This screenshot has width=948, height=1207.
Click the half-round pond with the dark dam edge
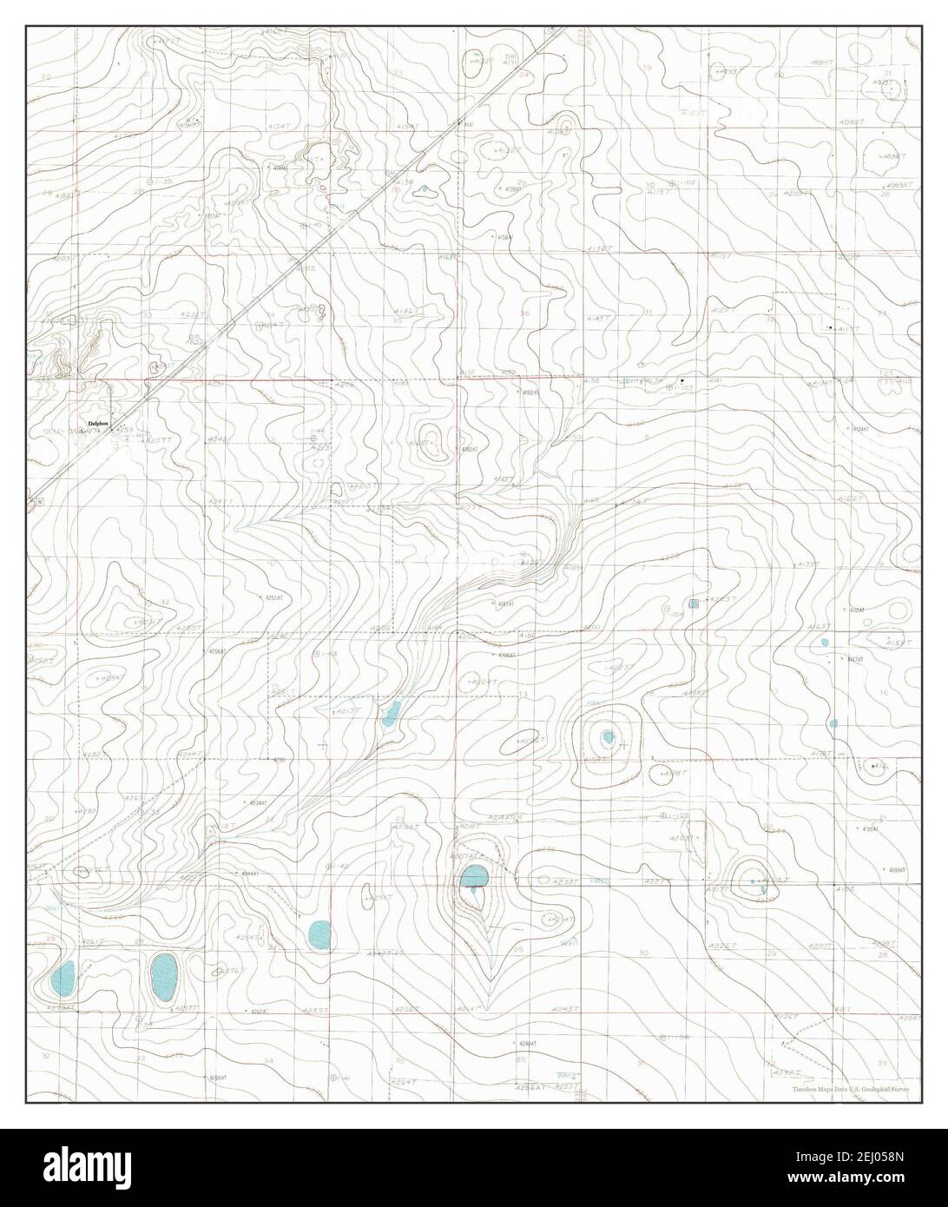[x=474, y=877]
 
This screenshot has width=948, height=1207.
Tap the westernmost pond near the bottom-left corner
[x=63, y=978]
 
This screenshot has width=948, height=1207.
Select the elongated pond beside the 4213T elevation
[x=391, y=715]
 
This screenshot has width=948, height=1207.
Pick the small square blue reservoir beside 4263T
[x=694, y=603]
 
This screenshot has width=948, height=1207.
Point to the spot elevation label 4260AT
[x=216, y=1078]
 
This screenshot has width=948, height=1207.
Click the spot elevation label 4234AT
[x=258, y=803]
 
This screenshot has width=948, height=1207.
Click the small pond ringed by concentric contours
[x=609, y=738]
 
